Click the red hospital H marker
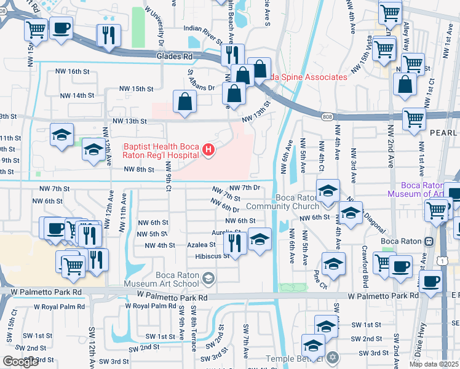click(x=208, y=150)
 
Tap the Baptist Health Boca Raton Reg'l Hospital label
click(x=161, y=151)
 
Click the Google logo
click(x=20, y=362)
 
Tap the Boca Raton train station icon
click(x=429, y=241)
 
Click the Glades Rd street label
click(x=175, y=56)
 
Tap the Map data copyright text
click(x=434, y=363)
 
